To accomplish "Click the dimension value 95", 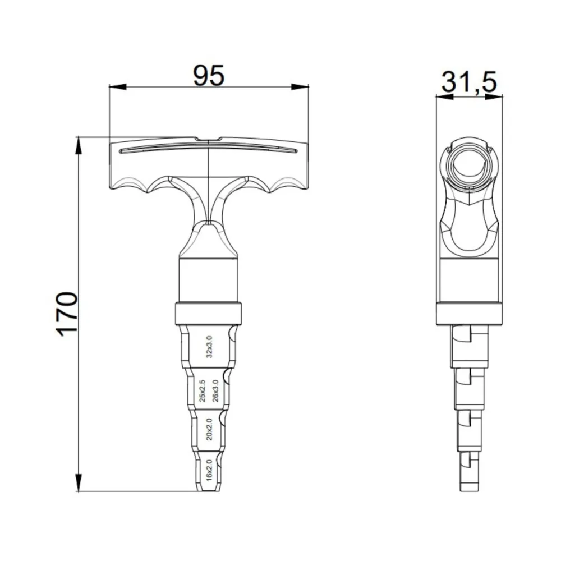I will [x=209, y=75].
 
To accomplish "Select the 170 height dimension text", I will [x=67, y=314].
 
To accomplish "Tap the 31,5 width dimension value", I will [x=469, y=82].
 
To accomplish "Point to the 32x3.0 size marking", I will [x=209, y=347].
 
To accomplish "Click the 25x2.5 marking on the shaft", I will [x=203, y=391].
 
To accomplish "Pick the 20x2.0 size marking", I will [x=209, y=429].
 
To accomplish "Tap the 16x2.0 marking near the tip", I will [x=209, y=470].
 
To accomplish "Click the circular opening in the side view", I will [x=470, y=166].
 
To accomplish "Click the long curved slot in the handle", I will [x=208, y=147].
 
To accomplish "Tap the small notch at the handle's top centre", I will [x=208, y=139].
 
